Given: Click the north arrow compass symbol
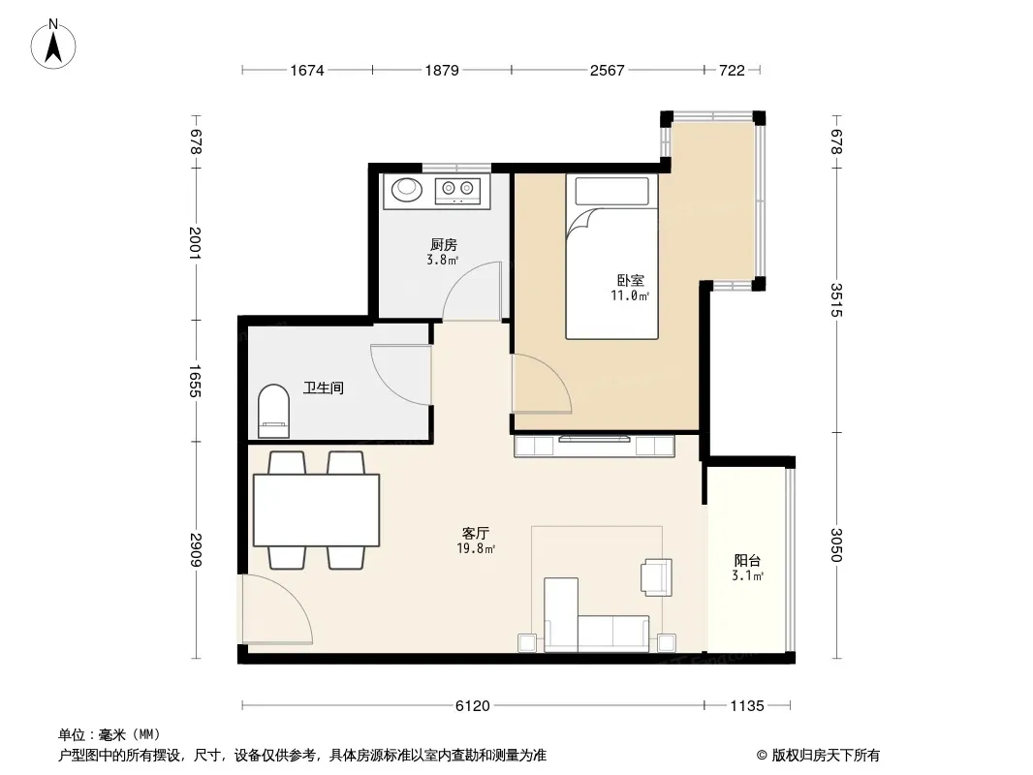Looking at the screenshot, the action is coord(53,45).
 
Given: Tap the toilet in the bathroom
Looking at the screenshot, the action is coord(273,411).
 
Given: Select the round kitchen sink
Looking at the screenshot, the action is coord(406,189).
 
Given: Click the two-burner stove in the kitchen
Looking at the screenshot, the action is coord(457,190).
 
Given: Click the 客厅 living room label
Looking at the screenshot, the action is coord(476,533).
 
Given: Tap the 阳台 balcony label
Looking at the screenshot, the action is coord(747,561).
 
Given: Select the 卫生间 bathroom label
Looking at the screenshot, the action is coord(324,387).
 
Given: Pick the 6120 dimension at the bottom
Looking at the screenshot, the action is coord(473,706).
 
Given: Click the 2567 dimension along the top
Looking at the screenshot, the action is coord(607,70).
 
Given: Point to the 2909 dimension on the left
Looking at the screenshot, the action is coord(196,550).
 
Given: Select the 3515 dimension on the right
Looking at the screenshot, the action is coord(836,300).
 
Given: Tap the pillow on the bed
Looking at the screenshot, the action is coord(612,191).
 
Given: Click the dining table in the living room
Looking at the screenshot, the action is coord(316,511).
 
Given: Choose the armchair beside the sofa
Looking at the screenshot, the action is coord(657,577).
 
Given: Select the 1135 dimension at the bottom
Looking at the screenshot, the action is coord(747,706).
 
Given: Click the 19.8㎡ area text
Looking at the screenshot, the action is coord(476,548).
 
